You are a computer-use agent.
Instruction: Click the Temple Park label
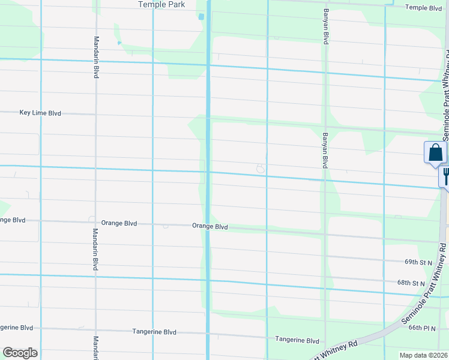(x=161, y=4)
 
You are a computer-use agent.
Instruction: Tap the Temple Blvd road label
(x=423, y=8)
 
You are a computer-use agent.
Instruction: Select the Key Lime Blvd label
(x=40, y=113)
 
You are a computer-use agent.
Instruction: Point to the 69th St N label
(x=418, y=263)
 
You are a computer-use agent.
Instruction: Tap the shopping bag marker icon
(x=435, y=153)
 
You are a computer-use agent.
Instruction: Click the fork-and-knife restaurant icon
(x=445, y=176)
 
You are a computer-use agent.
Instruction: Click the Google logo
(x=20, y=353)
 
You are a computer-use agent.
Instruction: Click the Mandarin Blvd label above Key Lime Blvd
(x=96, y=57)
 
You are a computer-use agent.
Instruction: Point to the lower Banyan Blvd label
(x=325, y=150)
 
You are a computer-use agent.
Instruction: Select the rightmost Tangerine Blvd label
(x=297, y=340)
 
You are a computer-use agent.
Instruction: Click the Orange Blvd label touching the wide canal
(x=210, y=227)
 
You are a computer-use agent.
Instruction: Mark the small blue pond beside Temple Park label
(x=201, y=16)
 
